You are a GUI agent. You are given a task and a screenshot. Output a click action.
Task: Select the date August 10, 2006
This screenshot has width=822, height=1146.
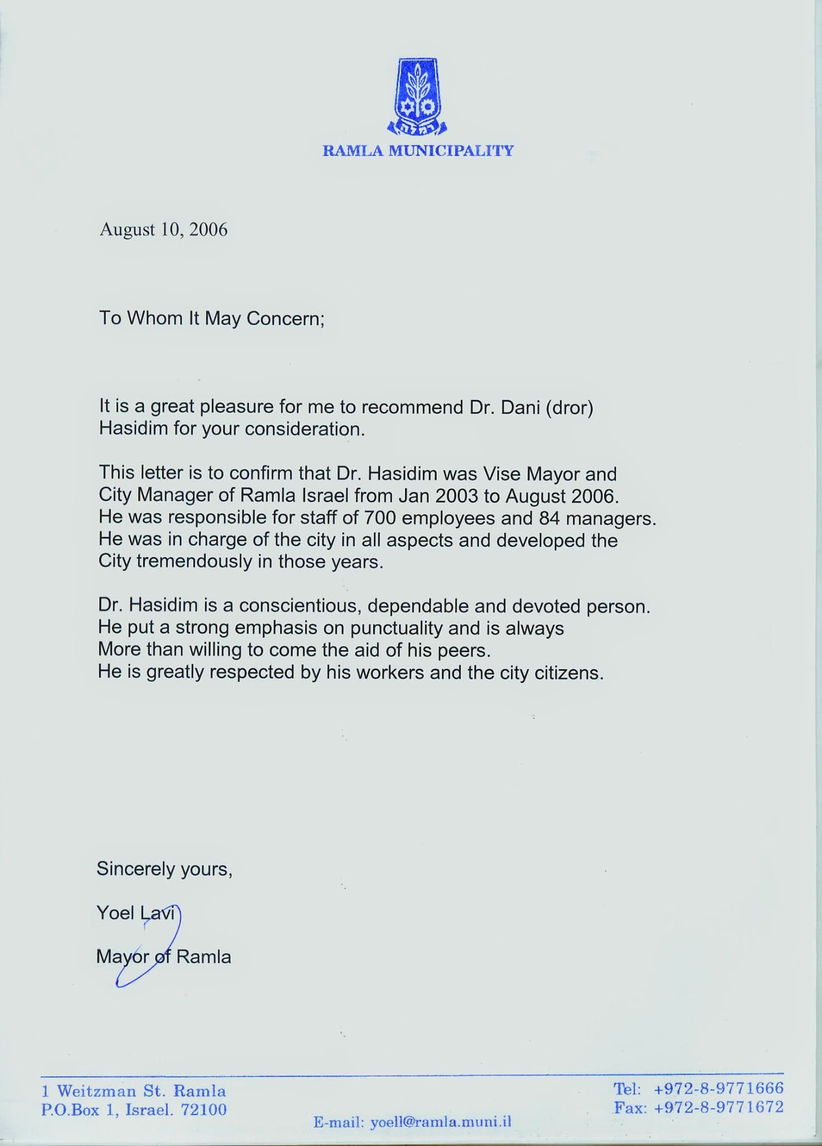tap(163, 230)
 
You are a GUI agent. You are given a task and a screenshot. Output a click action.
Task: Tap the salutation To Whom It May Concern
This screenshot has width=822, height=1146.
tap(212, 318)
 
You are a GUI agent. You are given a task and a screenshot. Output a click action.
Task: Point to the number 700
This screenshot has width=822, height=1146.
tap(380, 518)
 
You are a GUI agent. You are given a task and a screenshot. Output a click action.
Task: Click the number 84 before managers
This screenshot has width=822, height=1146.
tap(549, 518)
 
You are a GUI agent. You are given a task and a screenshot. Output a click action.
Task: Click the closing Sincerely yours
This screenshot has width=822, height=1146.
tap(164, 869)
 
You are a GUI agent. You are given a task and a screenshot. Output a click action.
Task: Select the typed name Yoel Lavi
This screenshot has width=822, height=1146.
tap(136, 913)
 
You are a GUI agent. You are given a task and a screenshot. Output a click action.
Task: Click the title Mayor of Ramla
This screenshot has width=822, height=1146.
tap(163, 957)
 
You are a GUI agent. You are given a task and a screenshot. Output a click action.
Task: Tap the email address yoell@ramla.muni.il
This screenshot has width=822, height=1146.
tap(440, 1121)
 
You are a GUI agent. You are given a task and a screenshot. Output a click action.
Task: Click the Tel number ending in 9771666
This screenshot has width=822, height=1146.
tap(718, 1088)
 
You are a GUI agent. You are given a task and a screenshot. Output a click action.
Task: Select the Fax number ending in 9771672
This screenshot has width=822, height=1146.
tap(718, 1107)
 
